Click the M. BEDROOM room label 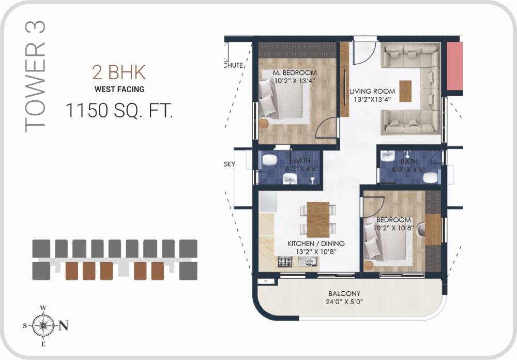coord(295,73)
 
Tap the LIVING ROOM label coord(369,92)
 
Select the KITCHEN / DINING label coord(316,243)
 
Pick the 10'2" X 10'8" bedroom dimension coord(394,228)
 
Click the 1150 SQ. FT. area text coord(119,110)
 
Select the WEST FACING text coord(119,89)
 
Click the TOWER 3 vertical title coord(36,77)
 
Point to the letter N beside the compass coord(64,326)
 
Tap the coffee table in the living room coord(406,91)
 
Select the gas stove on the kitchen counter coord(284,262)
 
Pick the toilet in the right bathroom coord(430,178)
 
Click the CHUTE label coord(233,65)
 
